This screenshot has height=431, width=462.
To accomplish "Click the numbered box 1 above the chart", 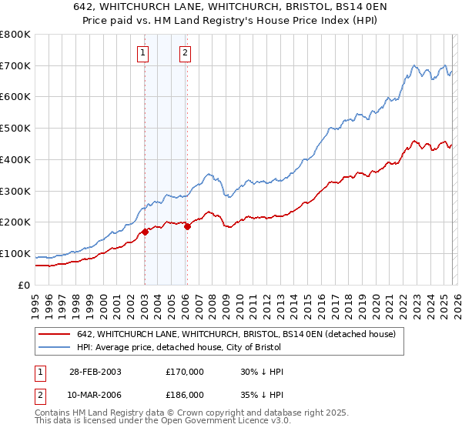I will click(144, 53).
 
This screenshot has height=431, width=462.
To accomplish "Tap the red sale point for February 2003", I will click(145, 232).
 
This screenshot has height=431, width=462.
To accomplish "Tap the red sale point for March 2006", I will click(187, 226).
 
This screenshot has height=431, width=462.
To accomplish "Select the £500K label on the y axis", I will click(15, 129).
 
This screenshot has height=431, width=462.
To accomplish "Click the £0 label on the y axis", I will click(23, 285).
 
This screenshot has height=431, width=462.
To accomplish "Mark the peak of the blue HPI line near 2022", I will click(414, 65).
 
